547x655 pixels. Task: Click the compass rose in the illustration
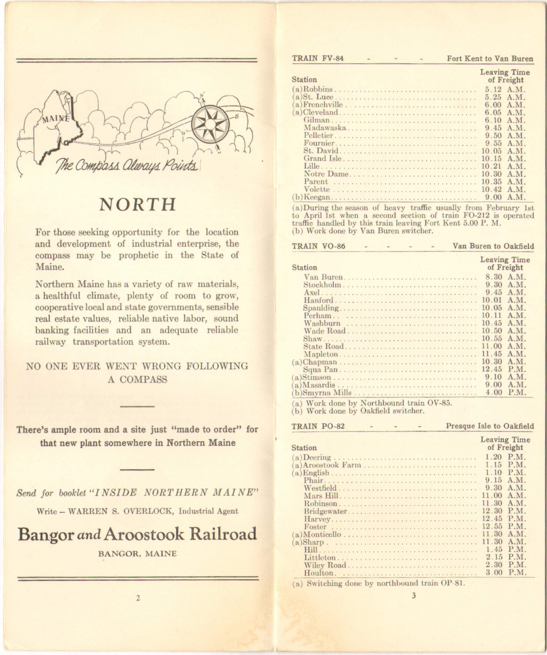click(210, 124)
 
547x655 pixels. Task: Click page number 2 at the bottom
click(138, 598)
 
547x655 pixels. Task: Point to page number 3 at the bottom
click(413, 595)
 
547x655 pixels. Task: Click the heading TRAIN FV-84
click(318, 58)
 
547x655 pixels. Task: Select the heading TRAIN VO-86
click(319, 246)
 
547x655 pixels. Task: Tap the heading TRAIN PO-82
click(318, 426)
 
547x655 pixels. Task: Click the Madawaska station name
click(325, 128)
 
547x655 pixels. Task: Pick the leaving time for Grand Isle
click(504, 159)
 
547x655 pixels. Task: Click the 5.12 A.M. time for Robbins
click(505, 90)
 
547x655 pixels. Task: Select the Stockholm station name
click(322, 285)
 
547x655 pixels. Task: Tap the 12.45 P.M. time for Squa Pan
click(504, 370)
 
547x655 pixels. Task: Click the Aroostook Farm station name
click(332, 465)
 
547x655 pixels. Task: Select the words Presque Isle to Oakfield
click(490, 426)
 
